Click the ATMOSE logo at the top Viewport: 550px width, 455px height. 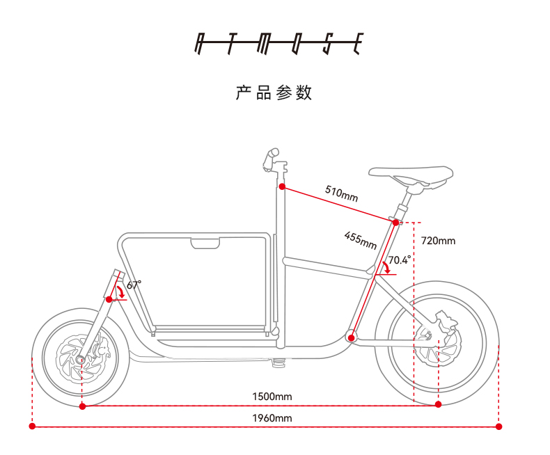pos(276,44)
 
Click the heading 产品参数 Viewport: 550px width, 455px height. pos(274,93)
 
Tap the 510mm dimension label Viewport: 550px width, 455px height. pos(341,193)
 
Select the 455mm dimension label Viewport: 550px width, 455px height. pos(360,241)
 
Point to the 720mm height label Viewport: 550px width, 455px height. pos(438,241)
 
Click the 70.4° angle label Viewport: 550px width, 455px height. pos(400,260)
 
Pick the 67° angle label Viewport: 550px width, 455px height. pos(134,285)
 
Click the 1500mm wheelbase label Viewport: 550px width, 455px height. pos(272,397)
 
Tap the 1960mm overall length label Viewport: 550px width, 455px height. pos(272,417)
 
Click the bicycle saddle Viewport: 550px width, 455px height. pos(410,175)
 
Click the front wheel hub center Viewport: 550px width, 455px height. pos(81,360)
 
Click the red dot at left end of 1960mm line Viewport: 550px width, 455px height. pos(31,426)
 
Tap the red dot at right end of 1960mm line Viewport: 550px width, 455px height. pos(498,426)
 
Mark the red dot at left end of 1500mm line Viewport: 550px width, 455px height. pos(82,406)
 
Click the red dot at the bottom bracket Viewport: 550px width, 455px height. pos(352,338)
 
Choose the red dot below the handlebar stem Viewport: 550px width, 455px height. pos(282,186)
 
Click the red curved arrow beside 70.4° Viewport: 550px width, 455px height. pos(386,269)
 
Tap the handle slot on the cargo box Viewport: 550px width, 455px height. pos(205,243)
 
